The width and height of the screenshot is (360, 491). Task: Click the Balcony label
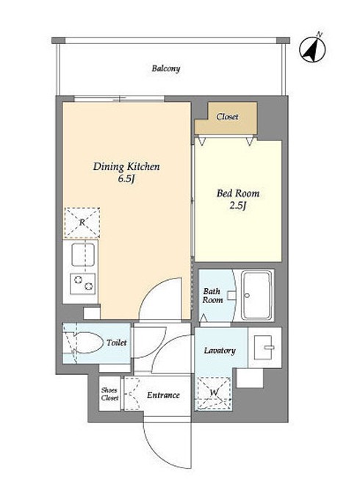click(x=166, y=68)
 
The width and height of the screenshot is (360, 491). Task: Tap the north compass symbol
click(x=312, y=49)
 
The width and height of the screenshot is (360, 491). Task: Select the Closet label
click(x=227, y=117)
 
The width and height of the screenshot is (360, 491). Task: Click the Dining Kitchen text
click(x=126, y=166)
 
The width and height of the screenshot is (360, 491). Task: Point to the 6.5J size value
click(x=126, y=179)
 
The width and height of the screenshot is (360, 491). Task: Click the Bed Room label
click(x=238, y=193)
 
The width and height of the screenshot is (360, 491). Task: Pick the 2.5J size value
click(x=238, y=206)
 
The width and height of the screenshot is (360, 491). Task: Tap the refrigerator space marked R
click(x=82, y=222)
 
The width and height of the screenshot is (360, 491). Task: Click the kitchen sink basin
click(x=83, y=254)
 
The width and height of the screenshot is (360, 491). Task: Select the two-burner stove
click(x=82, y=284)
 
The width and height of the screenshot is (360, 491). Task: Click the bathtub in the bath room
click(x=257, y=295)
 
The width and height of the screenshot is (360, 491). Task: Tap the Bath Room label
click(x=212, y=295)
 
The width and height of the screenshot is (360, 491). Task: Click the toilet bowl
click(x=88, y=343)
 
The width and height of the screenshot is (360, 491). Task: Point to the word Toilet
click(x=117, y=343)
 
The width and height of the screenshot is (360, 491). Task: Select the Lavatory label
click(x=220, y=351)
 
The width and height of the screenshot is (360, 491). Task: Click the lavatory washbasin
click(x=263, y=347)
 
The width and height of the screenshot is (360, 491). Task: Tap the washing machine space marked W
click(x=214, y=393)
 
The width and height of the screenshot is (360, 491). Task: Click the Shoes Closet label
click(x=109, y=394)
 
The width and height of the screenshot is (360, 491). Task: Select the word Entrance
click(x=163, y=395)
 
